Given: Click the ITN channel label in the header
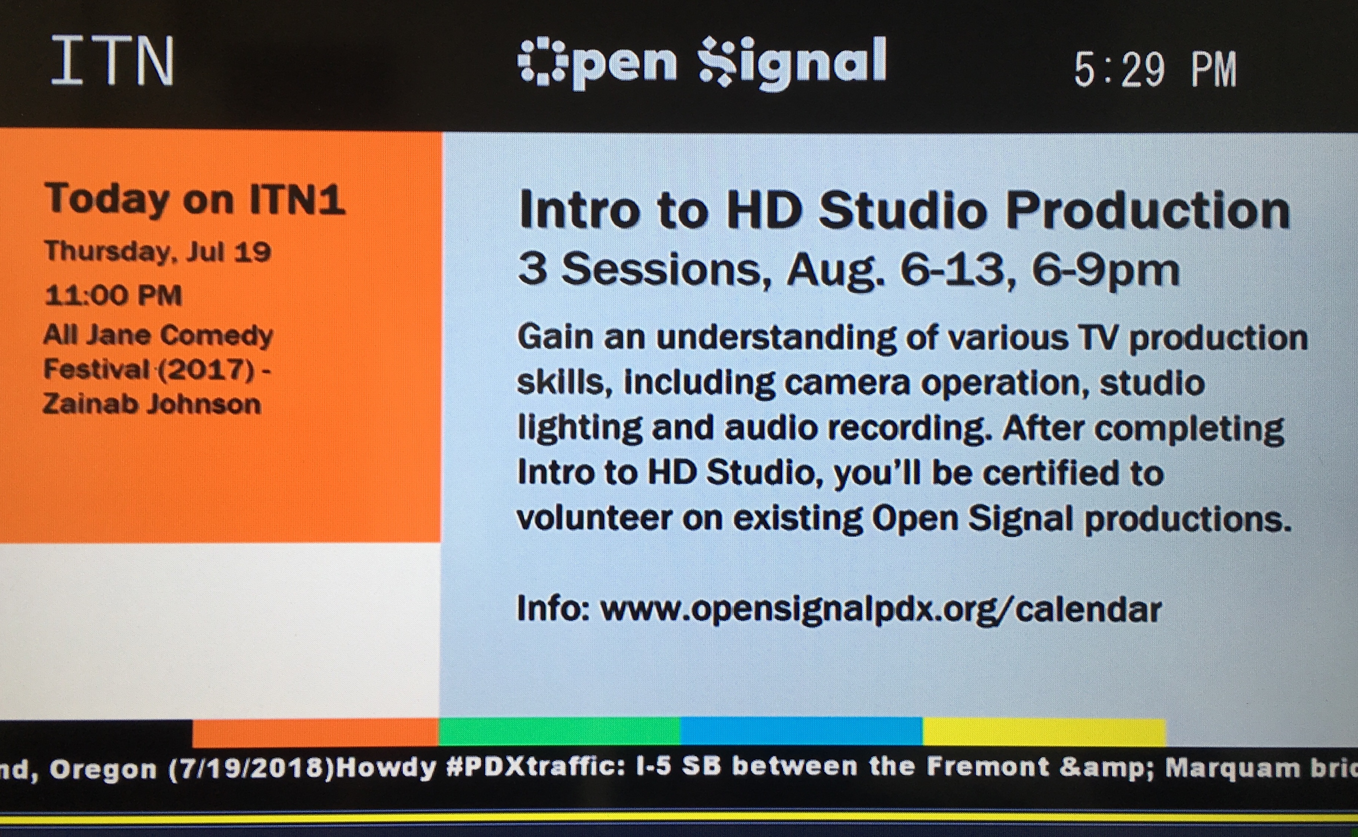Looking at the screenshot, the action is [x=113, y=61].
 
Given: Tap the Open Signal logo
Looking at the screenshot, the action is [x=702, y=63].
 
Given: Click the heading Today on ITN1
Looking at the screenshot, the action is [x=195, y=199].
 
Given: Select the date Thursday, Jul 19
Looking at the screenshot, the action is [x=158, y=252].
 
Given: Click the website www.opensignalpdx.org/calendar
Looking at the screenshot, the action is [x=881, y=610].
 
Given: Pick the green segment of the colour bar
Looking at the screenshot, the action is [x=559, y=732].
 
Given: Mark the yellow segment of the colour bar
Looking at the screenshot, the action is [x=1044, y=732].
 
